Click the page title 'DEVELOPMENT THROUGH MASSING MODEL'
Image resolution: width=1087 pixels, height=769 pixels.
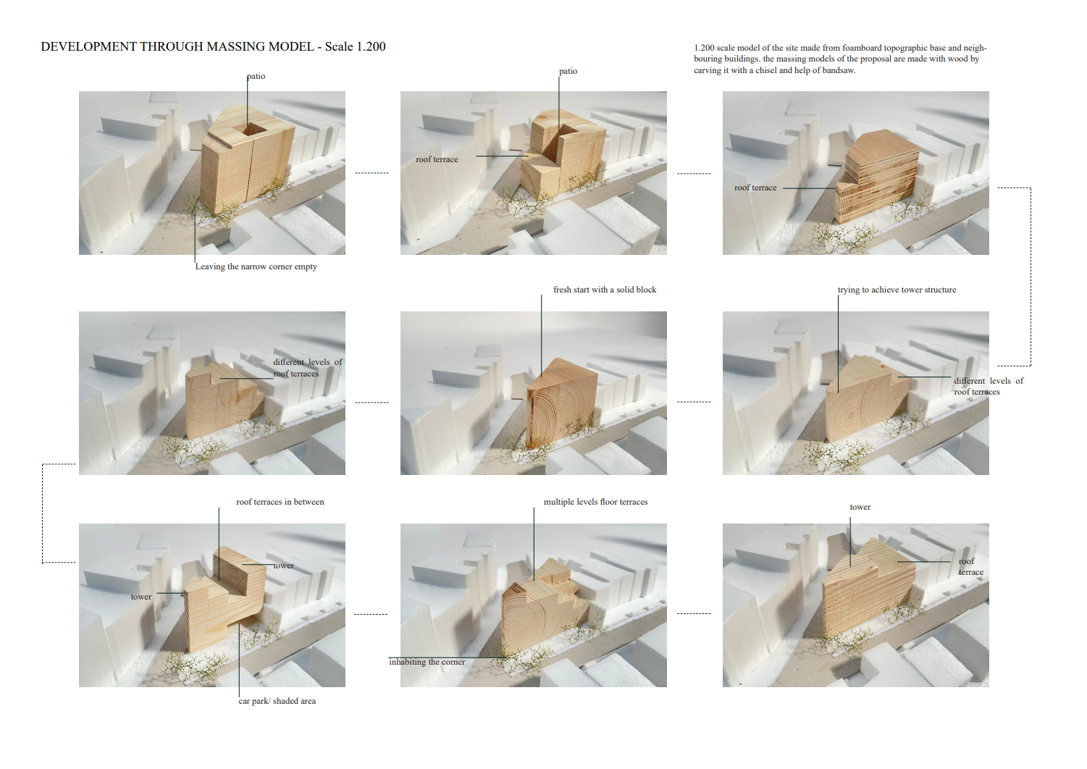coord(177,46)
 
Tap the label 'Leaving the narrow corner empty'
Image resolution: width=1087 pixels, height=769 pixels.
coord(256,266)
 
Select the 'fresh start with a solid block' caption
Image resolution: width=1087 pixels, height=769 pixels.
coord(605,290)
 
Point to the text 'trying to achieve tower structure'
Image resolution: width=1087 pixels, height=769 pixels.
coord(897,290)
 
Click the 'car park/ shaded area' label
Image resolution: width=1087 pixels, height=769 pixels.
coord(277,701)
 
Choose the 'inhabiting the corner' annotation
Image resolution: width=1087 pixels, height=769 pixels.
coord(427,662)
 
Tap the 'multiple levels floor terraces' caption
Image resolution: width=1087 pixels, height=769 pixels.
coord(595,502)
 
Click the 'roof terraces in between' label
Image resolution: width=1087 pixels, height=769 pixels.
coord(280,502)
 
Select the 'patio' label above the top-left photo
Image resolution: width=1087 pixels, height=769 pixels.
coord(256,76)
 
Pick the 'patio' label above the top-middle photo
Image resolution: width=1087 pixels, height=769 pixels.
coord(568,71)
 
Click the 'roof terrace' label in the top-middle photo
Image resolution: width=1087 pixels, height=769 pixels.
coord(437,159)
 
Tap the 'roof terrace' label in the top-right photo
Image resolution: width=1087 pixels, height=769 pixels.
coord(755,188)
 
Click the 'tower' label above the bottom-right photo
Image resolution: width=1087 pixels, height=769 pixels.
coord(860,507)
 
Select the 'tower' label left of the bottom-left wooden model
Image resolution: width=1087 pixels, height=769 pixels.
coord(140,597)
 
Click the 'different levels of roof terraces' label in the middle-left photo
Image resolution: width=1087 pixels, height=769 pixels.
coord(308,368)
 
